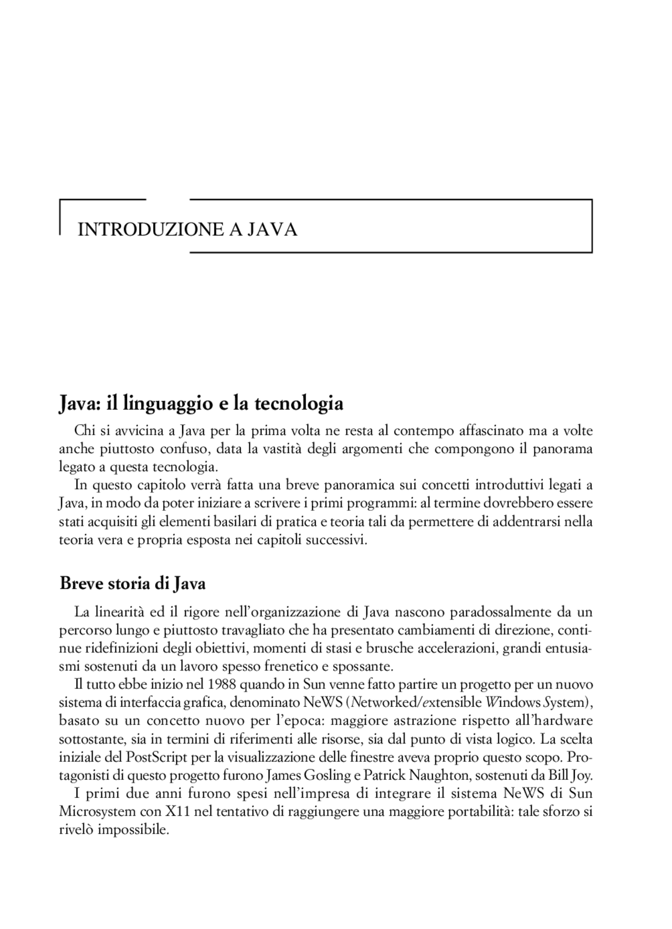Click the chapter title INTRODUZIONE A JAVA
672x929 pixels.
click(187, 230)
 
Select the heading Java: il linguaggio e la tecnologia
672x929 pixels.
click(201, 403)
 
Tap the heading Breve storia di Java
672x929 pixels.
click(133, 583)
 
